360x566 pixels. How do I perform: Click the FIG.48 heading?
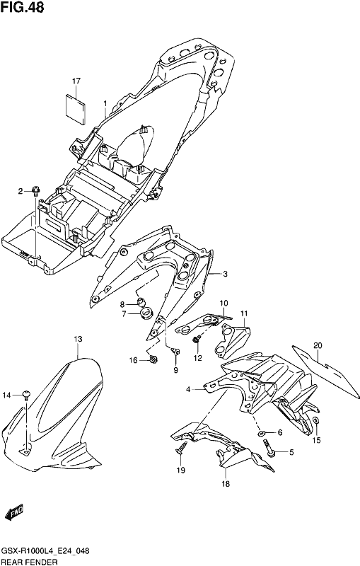tap(22, 7)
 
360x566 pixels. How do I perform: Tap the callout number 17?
tap(76, 81)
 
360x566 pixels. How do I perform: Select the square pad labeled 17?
tap(76, 109)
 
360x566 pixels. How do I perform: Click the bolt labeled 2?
tap(35, 190)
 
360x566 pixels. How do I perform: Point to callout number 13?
tap(78, 339)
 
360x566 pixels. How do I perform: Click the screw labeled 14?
tap(27, 395)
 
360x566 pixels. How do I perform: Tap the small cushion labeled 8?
tap(141, 301)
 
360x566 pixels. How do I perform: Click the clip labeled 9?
tap(175, 350)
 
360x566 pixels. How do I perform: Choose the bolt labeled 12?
tap(197, 340)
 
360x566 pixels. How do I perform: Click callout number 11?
tap(245, 313)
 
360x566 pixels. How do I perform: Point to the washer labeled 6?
tap(260, 432)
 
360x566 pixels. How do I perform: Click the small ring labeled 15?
tap(315, 421)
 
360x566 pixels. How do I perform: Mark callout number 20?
tap(318, 345)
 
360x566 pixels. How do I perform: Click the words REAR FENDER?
tap(30, 562)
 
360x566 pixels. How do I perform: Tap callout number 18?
tap(226, 484)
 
